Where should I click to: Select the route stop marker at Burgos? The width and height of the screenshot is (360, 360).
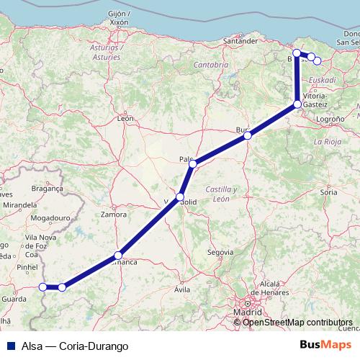click(x=247, y=135)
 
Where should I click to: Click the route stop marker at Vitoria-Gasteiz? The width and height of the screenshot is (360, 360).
click(x=297, y=104)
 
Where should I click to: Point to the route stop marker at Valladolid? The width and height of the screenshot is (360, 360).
click(x=180, y=197)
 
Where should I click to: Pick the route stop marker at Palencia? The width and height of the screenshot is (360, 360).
click(x=192, y=164)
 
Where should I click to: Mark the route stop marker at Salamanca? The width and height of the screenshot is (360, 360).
click(x=118, y=255)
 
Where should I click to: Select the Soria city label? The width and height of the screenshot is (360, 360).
click(x=329, y=192)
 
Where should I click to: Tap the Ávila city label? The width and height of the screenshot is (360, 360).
click(x=183, y=289)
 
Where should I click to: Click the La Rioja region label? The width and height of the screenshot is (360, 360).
click(x=326, y=143)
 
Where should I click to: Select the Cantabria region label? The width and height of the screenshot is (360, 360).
click(x=211, y=65)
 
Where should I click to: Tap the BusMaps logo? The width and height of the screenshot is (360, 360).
click(x=325, y=346)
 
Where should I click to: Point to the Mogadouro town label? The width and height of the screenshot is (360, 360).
click(x=55, y=217)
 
